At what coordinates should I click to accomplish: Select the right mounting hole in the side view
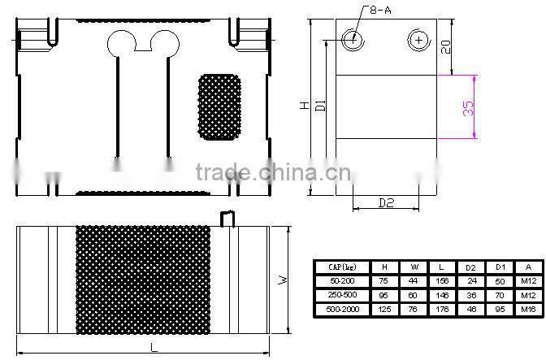click(x=418, y=38)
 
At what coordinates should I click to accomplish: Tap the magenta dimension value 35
click(x=469, y=108)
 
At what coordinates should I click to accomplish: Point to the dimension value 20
click(x=446, y=47)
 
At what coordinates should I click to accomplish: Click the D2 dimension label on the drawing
click(x=385, y=202)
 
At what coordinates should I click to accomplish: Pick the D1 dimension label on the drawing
click(x=321, y=106)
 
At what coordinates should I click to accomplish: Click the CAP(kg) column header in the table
click(x=341, y=267)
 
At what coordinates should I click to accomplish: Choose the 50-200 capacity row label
click(x=341, y=280)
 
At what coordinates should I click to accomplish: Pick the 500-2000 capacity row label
click(x=341, y=310)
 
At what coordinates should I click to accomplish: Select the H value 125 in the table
click(x=385, y=310)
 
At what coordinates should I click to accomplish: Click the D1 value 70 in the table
click(x=500, y=295)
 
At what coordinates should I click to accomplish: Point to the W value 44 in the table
click(x=414, y=280)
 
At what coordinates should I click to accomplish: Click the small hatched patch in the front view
click(x=219, y=106)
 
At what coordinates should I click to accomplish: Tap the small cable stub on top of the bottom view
click(x=228, y=218)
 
